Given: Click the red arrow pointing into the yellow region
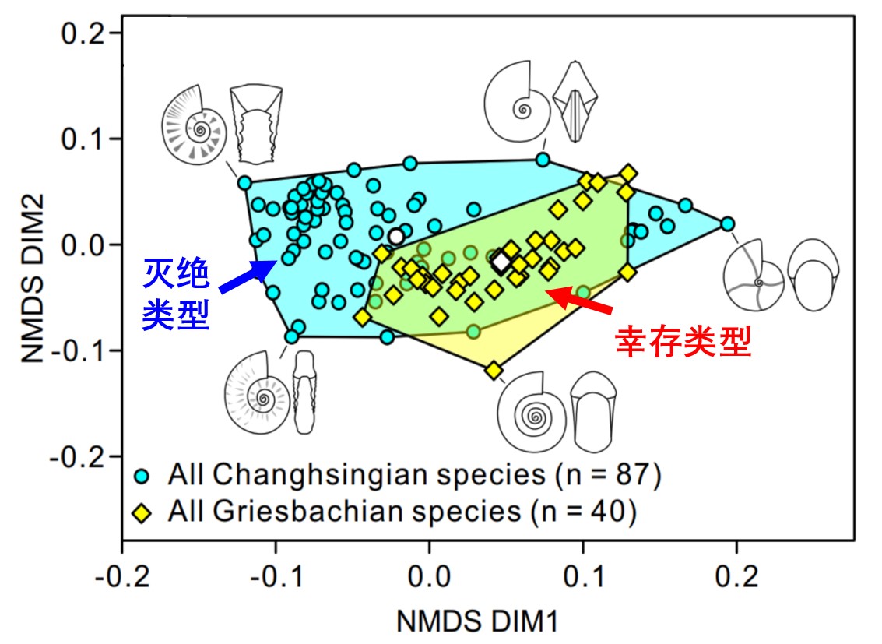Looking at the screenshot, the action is pyautogui.click(x=579, y=299).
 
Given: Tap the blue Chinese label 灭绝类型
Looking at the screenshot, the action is pyautogui.click(x=176, y=294).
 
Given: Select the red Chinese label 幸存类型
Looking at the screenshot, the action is pyautogui.click(x=683, y=341).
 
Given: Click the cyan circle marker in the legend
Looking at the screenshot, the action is pyautogui.click(x=142, y=477).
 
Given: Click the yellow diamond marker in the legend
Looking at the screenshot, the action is pyautogui.click(x=142, y=513).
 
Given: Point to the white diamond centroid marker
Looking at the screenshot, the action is pyautogui.click(x=501, y=262).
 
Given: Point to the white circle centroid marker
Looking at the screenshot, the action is pyautogui.click(x=396, y=236).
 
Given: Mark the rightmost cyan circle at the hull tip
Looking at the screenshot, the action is pyautogui.click(x=727, y=223).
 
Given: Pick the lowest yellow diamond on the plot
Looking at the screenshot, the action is pyautogui.click(x=494, y=371).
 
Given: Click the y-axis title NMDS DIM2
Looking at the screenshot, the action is pyautogui.click(x=33, y=279).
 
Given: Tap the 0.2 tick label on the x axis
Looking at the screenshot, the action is pyautogui.click(x=737, y=576).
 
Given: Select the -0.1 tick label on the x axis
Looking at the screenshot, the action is pyautogui.click(x=276, y=576).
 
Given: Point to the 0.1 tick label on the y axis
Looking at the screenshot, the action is pyautogui.click(x=83, y=139).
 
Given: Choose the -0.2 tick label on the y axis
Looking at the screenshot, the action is pyautogui.click(x=78, y=456).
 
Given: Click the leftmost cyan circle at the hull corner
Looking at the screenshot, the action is pyautogui.click(x=244, y=182).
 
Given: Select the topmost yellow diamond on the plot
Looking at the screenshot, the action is pyautogui.click(x=628, y=174).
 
